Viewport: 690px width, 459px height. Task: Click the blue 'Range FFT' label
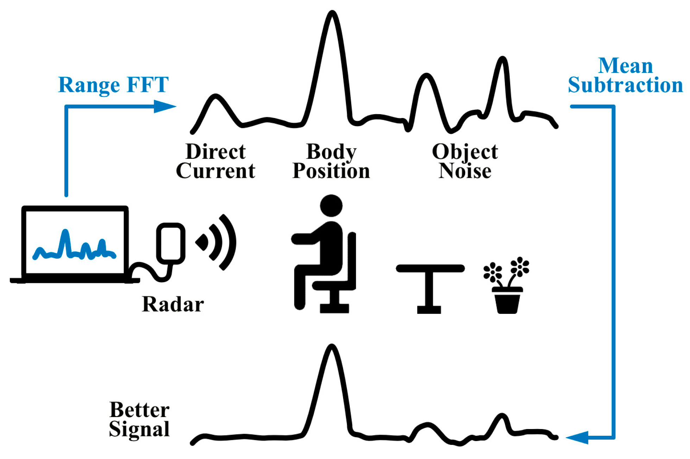tap(113, 85)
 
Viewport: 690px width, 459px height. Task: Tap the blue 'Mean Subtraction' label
tap(625, 75)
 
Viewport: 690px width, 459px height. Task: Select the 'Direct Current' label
tap(215, 161)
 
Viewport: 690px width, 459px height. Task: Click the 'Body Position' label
tap(331, 161)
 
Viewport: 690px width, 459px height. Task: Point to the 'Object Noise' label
tap(465, 161)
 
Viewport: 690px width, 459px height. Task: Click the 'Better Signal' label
tap(139, 419)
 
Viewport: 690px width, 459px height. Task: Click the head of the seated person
tap(331, 206)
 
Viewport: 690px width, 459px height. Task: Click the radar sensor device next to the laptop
tap(171, 243)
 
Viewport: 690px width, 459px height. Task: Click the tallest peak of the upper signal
tap(332, 14)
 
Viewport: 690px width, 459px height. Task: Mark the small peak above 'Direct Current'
tap(215, 97)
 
